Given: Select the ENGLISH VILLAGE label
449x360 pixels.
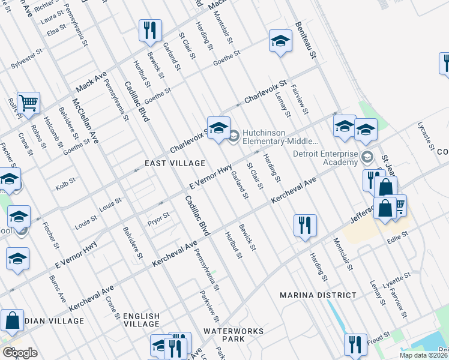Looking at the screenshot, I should (142, 320).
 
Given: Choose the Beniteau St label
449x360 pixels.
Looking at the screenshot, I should (305, 40).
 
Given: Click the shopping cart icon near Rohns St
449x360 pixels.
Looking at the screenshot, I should (28, 103).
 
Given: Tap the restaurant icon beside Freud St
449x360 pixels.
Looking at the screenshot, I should (355, 344).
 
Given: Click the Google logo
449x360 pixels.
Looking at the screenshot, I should (20, 353).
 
